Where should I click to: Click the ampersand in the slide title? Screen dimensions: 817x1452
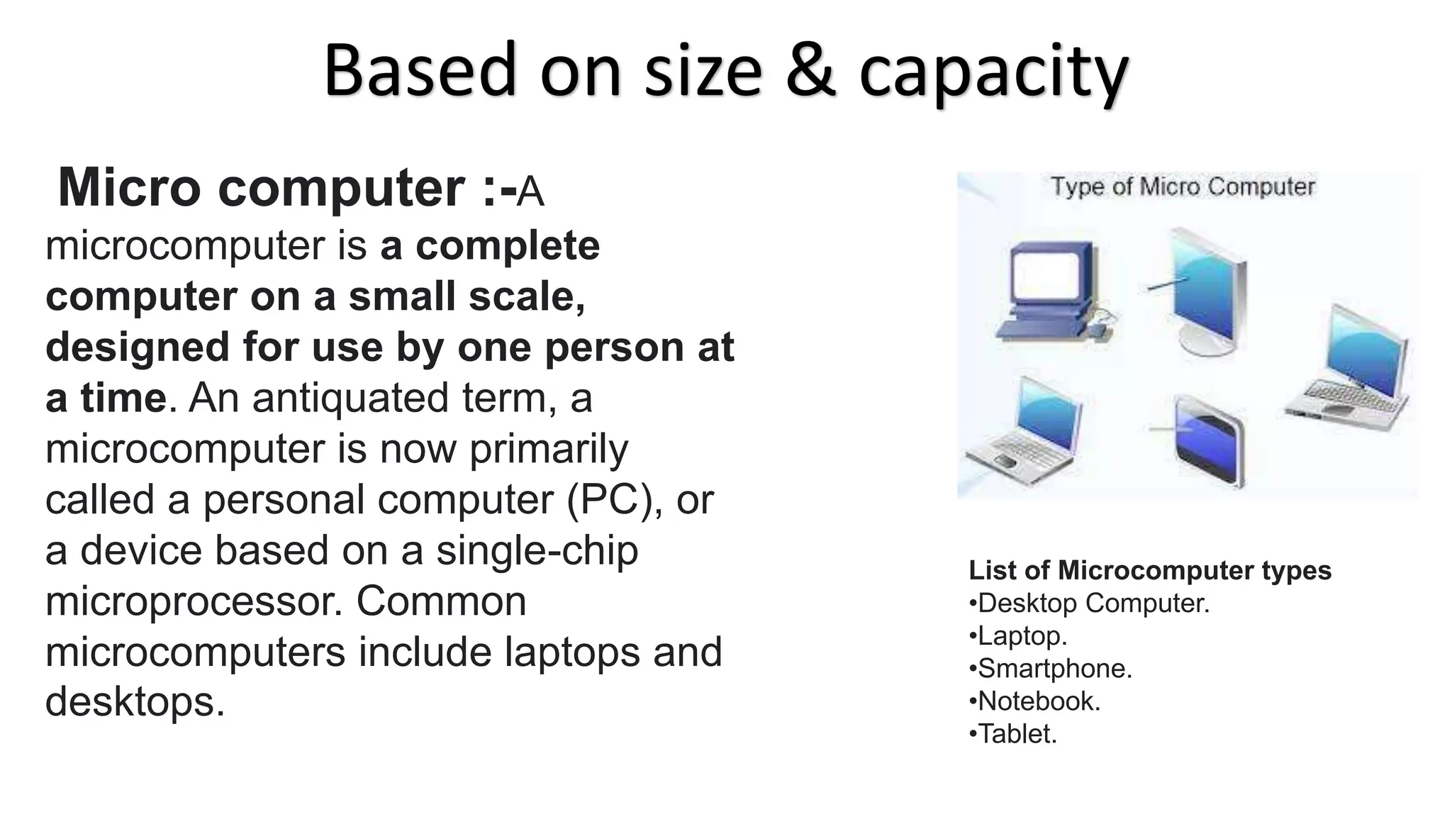[x=810, y=71]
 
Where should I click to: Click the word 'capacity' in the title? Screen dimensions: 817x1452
[x=993, y=74]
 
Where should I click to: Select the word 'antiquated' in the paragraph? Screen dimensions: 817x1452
[x=350, y=398]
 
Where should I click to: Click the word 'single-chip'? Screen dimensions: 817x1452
[x=537, y=551]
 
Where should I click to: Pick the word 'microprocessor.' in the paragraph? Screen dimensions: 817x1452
[x=194, y=602]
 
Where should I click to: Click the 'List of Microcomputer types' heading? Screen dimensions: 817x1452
[x=1149, y=570]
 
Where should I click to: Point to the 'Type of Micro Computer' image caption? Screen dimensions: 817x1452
[x=1182, y=187]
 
